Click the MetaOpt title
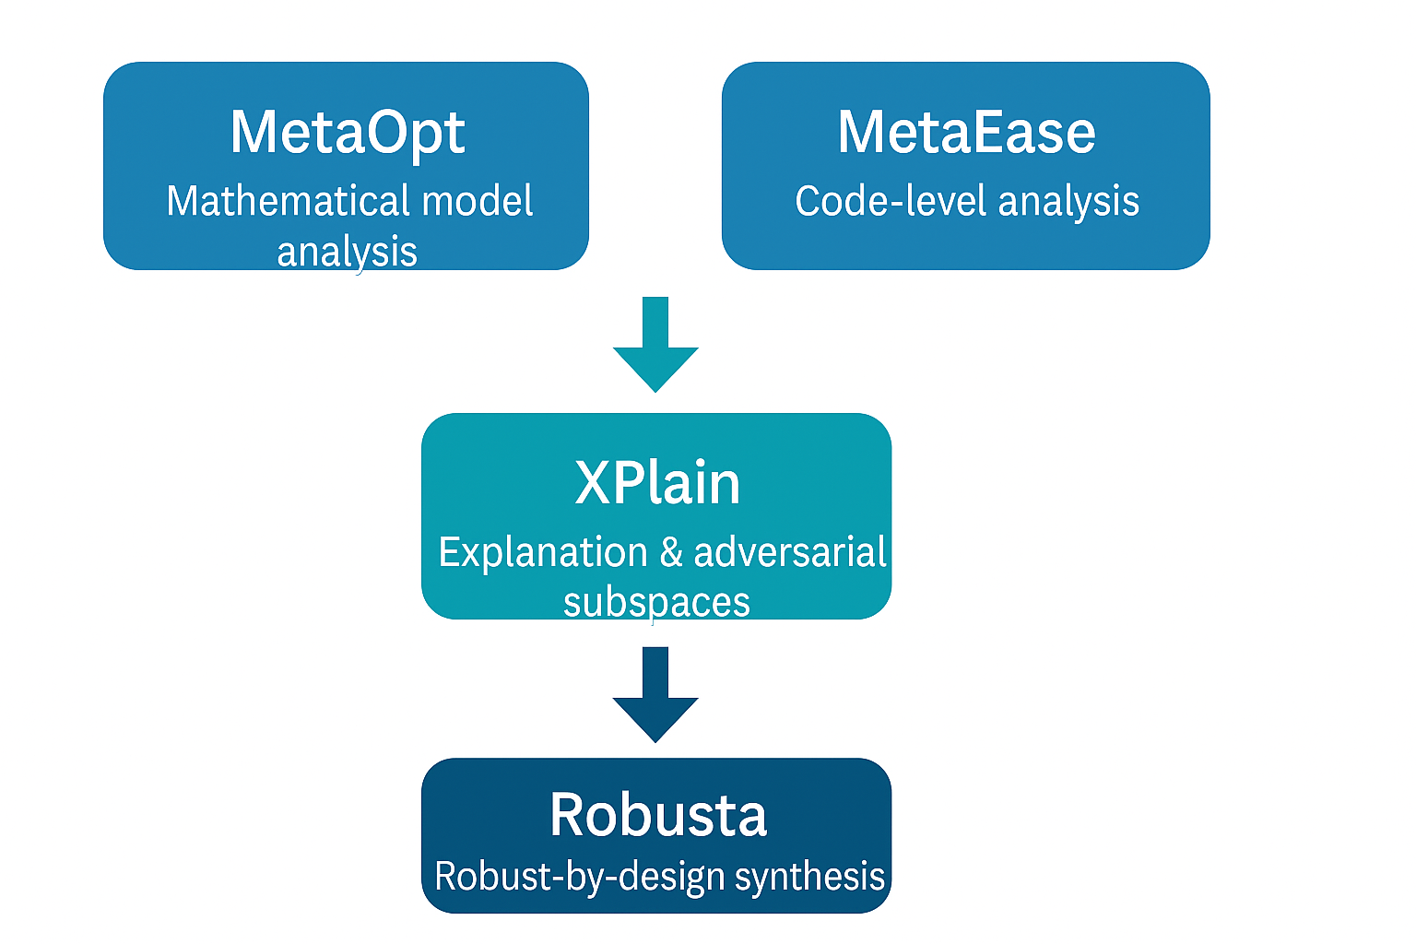click(347, 133)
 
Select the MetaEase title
click(966, 133)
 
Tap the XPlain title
click(656, 482)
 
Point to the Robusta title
click(657, 815)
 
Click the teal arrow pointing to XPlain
click(655, 345)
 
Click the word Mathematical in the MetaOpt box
click(288, 201)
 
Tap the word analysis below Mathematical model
click(347, 252)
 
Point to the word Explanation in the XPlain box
click(543, 552)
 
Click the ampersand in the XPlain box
click(671, 552)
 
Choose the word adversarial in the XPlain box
click(790, 552)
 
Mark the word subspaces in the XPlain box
click(656, 603)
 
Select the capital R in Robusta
click(568, 815)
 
